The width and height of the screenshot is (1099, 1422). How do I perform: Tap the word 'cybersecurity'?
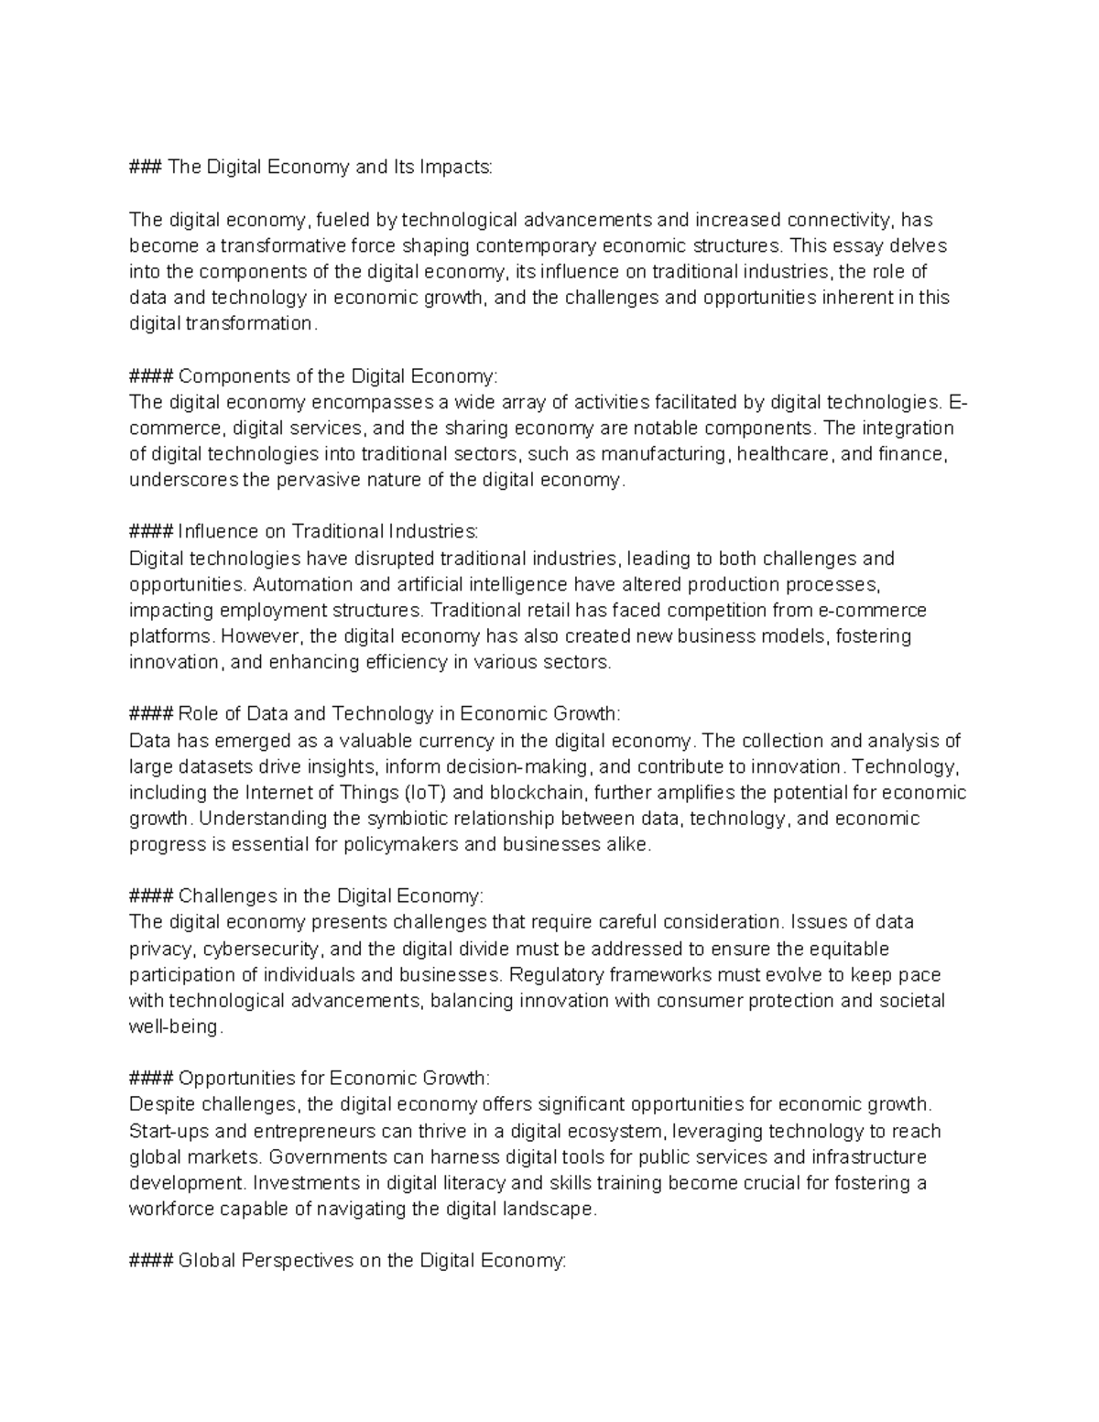[260, 949]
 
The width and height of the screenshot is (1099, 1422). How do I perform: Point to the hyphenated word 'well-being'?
[175, 1027]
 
